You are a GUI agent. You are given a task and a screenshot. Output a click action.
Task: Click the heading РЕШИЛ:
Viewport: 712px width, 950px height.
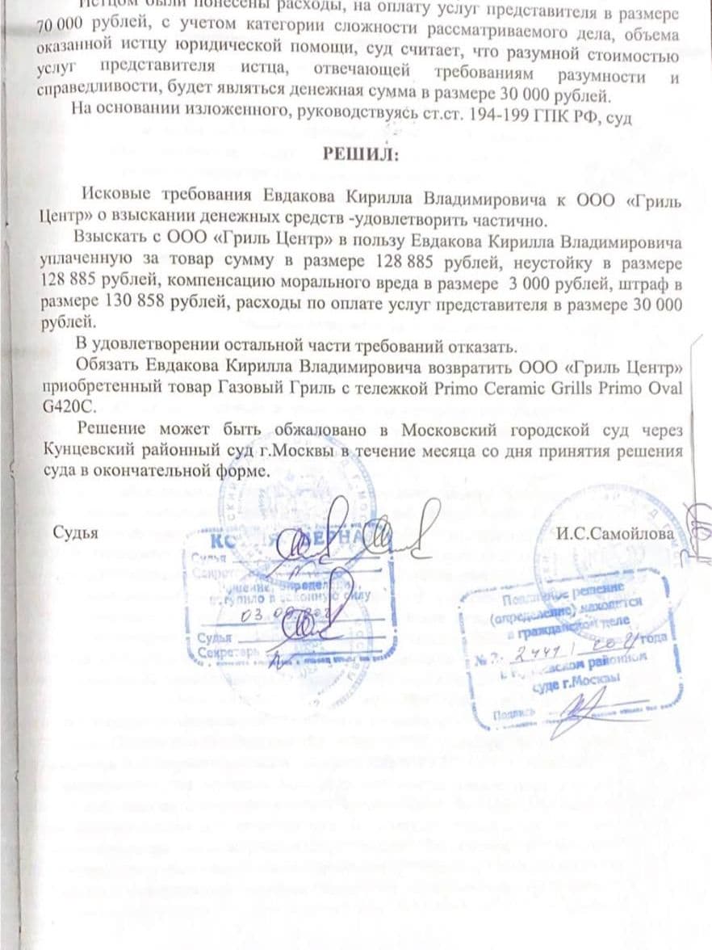point(361,154)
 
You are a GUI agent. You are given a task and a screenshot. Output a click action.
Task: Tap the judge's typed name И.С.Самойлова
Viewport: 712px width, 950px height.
point(616,531)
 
